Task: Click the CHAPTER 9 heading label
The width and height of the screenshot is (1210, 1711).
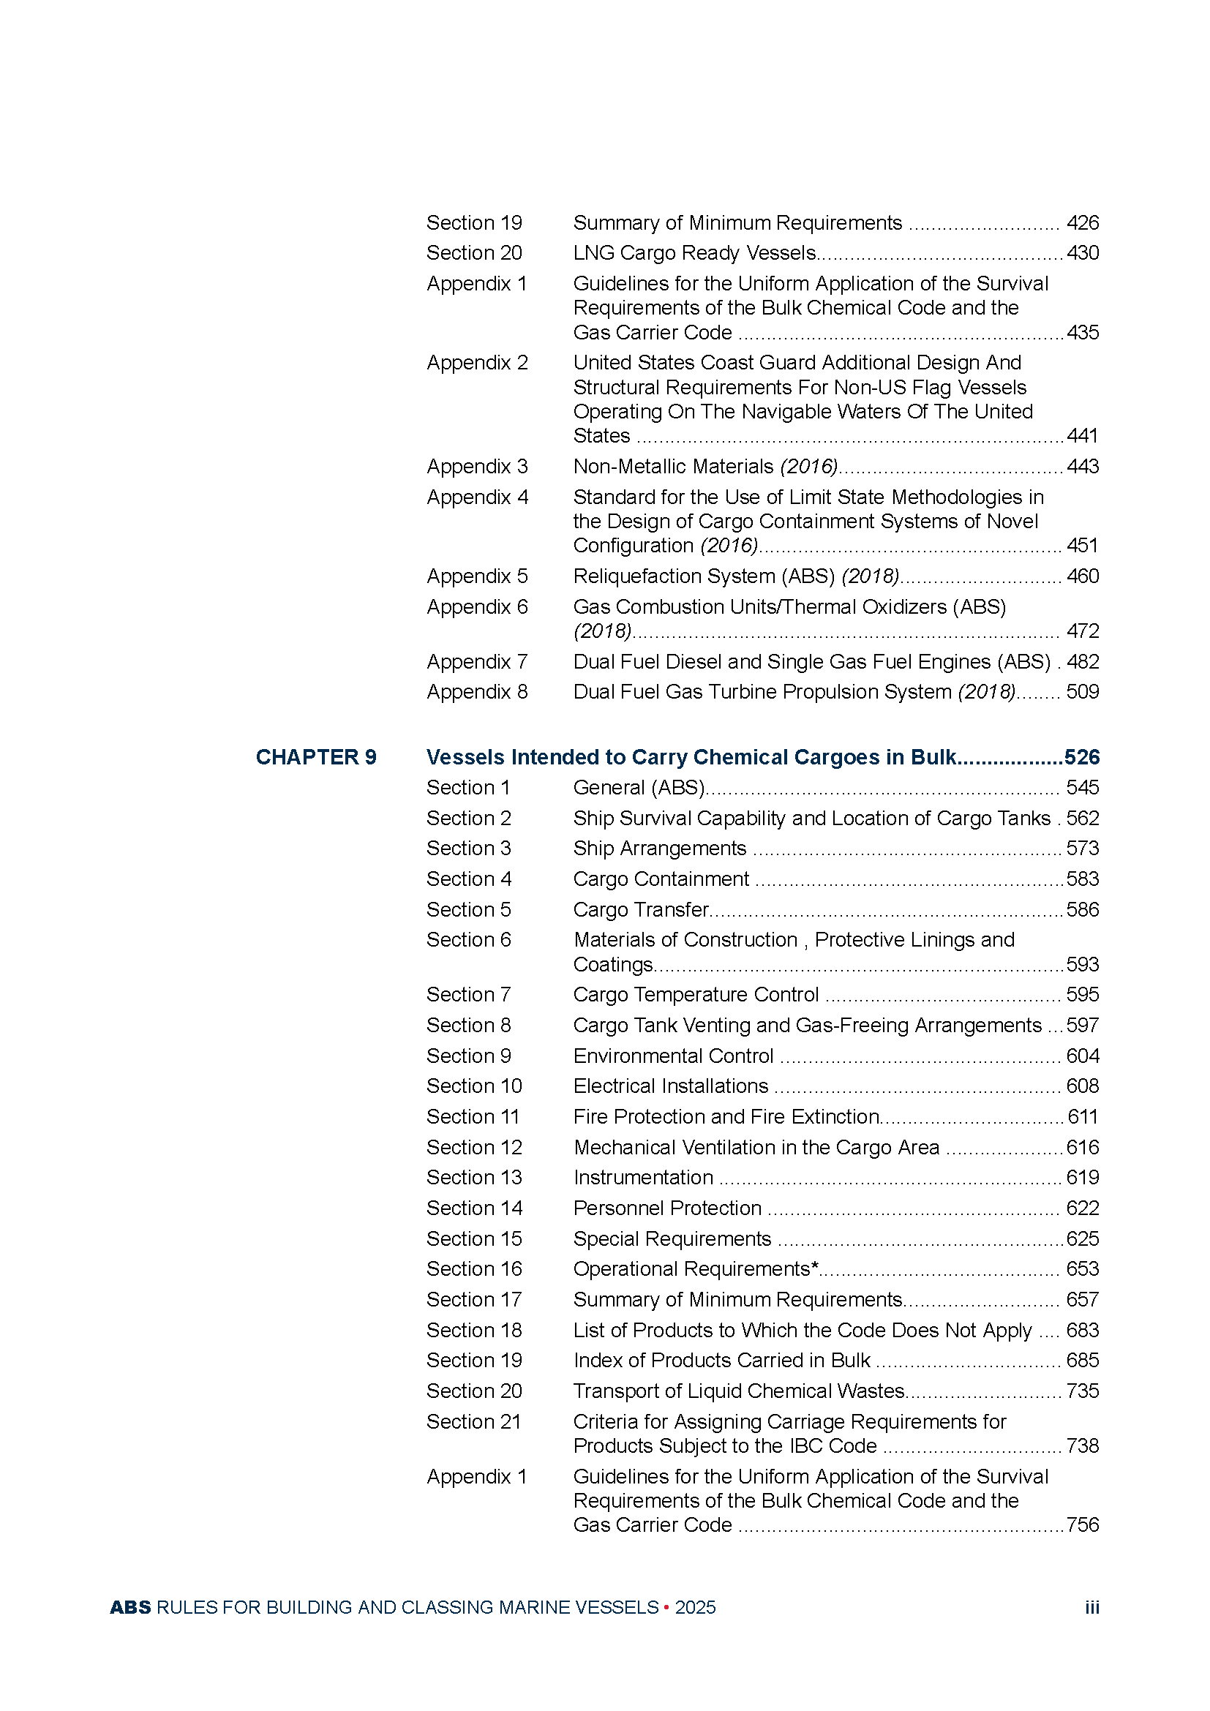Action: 316,757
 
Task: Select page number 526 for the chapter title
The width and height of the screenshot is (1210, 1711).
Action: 1082,757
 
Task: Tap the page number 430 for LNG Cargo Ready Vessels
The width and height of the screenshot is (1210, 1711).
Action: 1083,253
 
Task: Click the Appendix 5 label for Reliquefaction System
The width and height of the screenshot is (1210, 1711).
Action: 477,576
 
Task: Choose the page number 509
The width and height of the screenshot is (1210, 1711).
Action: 1083,691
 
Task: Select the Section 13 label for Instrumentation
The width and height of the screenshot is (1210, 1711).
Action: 474,1178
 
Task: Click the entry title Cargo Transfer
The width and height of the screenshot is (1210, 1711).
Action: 641,910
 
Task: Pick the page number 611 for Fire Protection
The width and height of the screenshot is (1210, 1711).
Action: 1083,1116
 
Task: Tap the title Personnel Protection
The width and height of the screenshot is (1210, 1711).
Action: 668,1208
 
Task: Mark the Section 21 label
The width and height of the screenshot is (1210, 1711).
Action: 473,1422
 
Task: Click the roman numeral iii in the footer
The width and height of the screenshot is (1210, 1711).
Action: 1091,1607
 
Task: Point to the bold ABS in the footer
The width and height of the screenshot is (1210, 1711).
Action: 130,1607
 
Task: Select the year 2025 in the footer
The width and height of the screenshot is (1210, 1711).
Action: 695,1607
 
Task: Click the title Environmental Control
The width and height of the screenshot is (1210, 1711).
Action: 674,1056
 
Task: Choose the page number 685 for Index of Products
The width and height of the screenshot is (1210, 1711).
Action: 1083,1360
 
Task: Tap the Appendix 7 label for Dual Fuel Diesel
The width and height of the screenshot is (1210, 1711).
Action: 477,662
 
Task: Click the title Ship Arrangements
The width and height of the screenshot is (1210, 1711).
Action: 659,849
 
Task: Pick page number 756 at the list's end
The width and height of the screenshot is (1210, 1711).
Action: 1083,1524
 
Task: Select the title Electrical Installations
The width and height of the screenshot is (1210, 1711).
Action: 671,1086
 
